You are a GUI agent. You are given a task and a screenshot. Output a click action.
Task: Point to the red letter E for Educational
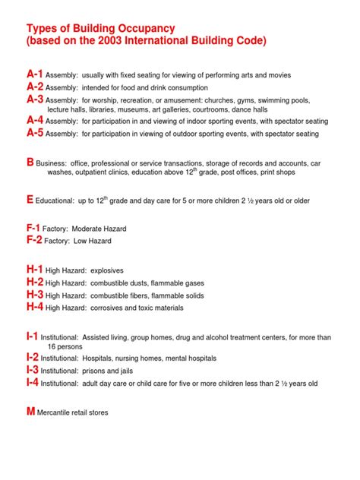(x=30, y=199)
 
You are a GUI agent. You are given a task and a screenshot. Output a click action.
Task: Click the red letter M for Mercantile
(x=31, y=412)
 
